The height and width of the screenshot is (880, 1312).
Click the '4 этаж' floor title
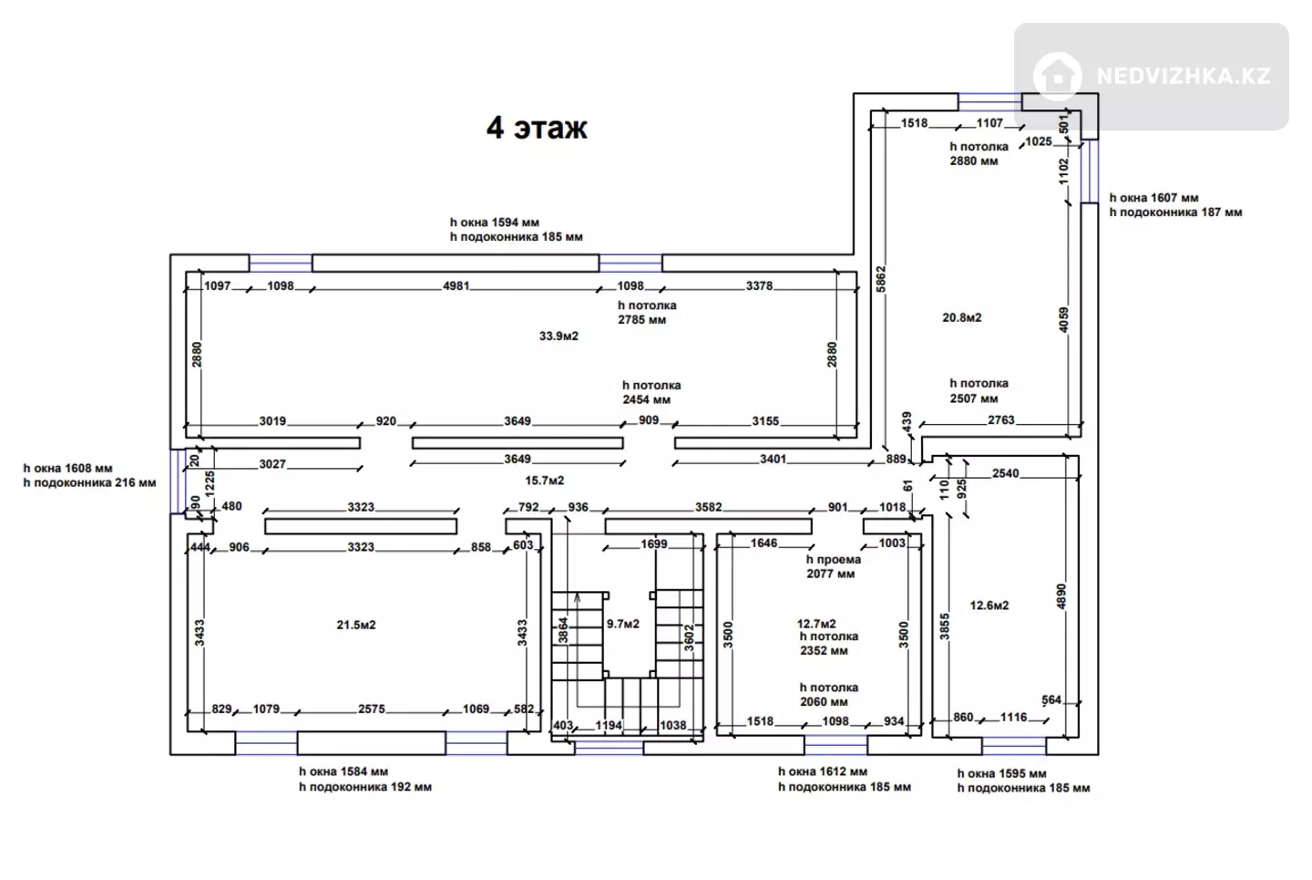(x=537, y=128)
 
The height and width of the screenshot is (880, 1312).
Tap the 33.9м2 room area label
(x=559, y=336)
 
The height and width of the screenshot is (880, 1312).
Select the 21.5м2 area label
(x=356, y=625)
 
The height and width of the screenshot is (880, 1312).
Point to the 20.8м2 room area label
(x=962, y=317)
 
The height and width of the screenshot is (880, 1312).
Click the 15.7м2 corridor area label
(x=544, y=481)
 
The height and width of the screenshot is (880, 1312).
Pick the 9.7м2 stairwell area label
(x=622, y=624)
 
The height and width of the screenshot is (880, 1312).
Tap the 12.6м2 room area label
(x=989, y=606)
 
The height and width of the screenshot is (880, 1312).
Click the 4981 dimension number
(x=456, y=286)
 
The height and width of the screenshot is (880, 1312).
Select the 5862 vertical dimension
(x=881, y=279)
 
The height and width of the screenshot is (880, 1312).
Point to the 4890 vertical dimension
(x=1061, y=596)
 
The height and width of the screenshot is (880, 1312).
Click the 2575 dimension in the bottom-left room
(x=372, y=709)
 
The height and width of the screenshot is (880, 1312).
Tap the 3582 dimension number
(x=708, y=507)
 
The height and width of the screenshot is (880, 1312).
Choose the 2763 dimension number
(x=1001, y=420)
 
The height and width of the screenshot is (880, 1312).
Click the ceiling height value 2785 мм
(x=642, y=320)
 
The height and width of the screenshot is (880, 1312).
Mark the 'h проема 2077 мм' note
(x=834, y=567)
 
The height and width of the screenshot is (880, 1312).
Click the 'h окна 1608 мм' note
(x=68, y=469)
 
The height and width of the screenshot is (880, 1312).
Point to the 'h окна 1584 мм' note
(x=343, y=772)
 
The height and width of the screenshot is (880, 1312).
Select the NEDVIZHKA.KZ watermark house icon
(x=1057, y=77)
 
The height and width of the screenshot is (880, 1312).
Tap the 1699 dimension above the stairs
(x=653, y=544)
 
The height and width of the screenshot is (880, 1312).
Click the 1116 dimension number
(x=1014, y=718)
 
